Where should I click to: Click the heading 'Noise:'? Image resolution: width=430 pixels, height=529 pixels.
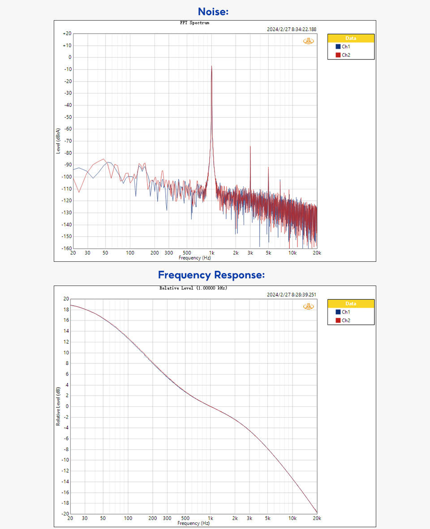(213, 12)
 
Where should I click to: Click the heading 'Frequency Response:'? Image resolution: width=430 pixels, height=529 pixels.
(211, 274)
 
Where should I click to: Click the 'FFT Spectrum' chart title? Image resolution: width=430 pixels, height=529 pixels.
(191, 23)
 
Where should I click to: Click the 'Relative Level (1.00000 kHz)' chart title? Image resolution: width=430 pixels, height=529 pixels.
(193, 288)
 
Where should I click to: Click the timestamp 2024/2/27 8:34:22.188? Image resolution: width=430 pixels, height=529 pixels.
(292, 30)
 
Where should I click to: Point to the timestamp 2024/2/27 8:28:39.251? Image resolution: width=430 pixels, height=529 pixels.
(292, 295)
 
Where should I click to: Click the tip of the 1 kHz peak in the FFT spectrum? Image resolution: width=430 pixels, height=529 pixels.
(211, 66)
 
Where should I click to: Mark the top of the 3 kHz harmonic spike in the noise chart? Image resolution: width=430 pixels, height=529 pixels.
(250, 146)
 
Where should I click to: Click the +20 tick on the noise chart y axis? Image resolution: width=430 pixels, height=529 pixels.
(67, 34)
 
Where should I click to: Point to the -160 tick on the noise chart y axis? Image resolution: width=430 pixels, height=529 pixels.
(66, 248)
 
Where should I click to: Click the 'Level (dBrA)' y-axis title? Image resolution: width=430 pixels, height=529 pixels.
(58, 141)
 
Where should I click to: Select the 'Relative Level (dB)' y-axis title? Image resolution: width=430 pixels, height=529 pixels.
(58, 406)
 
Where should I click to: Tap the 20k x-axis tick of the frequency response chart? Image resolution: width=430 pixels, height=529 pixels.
(317, 518)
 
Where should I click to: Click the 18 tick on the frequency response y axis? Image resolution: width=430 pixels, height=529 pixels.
(66, 310)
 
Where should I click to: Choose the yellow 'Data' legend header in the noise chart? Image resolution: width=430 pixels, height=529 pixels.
(351, 38)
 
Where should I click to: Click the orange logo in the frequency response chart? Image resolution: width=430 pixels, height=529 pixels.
(309, 307)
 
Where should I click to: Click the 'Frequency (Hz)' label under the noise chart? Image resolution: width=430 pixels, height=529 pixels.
(194, 258)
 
